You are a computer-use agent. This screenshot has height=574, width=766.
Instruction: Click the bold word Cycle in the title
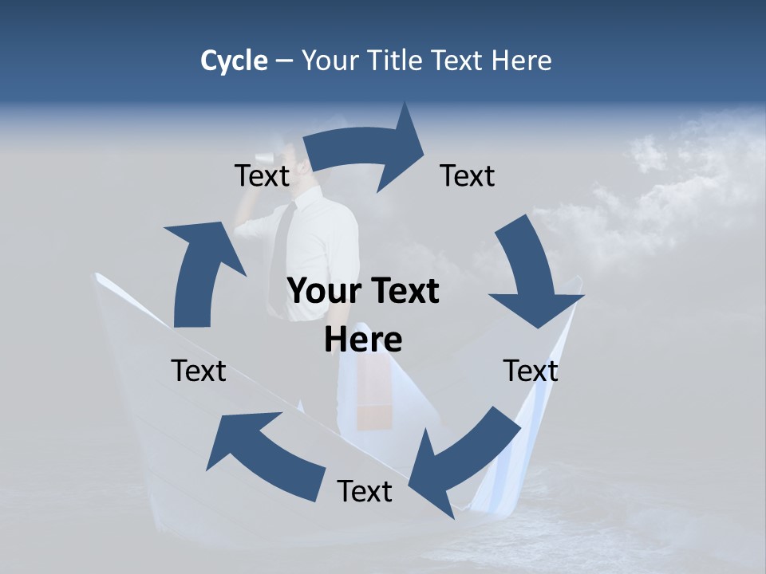click(x=234, y=61)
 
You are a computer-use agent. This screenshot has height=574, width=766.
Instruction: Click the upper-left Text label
click(x=262, y=175)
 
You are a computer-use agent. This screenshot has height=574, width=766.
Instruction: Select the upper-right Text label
click(x=468, y=175)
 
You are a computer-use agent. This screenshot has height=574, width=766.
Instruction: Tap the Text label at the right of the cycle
click(x=531, y=371)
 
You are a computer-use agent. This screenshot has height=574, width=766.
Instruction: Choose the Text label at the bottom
click(x=365, y=491)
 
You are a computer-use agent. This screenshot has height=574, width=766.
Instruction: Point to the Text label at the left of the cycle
click(x=199, y=371)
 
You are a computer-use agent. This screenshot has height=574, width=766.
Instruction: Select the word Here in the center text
click(x=363, y=340)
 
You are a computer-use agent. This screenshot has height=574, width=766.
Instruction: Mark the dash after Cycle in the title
click(x=284, y=61)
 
